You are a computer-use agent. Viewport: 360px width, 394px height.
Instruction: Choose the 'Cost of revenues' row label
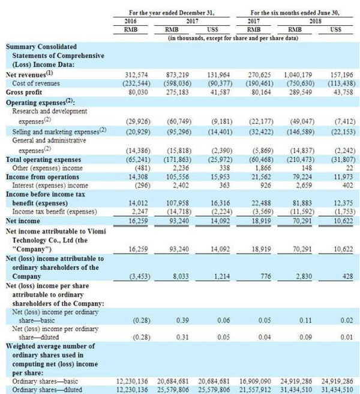coord(38,83)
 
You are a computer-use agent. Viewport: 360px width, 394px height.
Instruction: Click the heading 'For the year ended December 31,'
coord(164,12)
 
